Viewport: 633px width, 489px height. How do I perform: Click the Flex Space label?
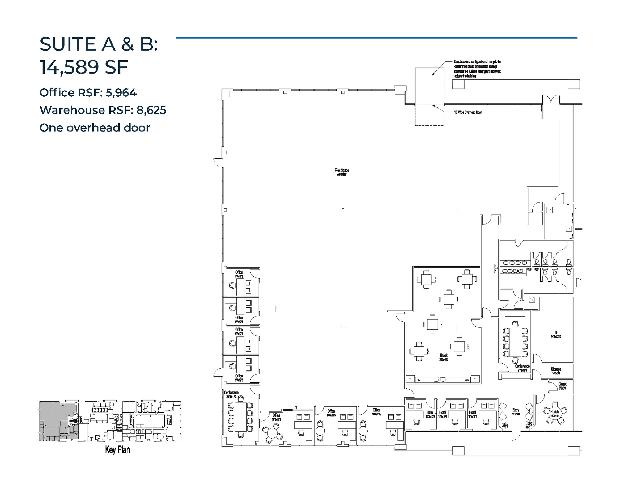[x=342, y=170]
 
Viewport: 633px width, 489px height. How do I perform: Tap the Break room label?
[x=444, y=356]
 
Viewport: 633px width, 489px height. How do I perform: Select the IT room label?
[x=556, y=333]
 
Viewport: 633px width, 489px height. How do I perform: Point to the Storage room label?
[x=556, y=369]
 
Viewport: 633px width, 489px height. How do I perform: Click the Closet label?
[x=562, y=384]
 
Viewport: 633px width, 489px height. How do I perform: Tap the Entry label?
[x=516, y=410]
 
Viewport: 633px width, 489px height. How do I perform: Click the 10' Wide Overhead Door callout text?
[x=468, y=112]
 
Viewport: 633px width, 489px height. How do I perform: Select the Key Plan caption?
[x=117, y=449]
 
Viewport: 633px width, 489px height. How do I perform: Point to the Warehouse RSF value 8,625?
[x=151, y=110]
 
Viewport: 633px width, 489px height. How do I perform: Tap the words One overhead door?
[x=95, y=128]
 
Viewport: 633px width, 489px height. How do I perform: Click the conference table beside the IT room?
[x=515, y=342]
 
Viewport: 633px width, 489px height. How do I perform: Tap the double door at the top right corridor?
[x=551, y=99]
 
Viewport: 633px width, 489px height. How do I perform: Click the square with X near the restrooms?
[x=532, y=299]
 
